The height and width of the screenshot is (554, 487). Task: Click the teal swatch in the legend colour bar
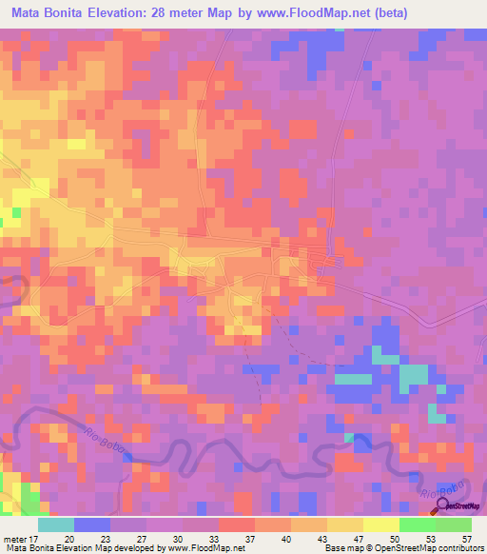56,524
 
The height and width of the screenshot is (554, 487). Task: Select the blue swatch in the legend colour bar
92,524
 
